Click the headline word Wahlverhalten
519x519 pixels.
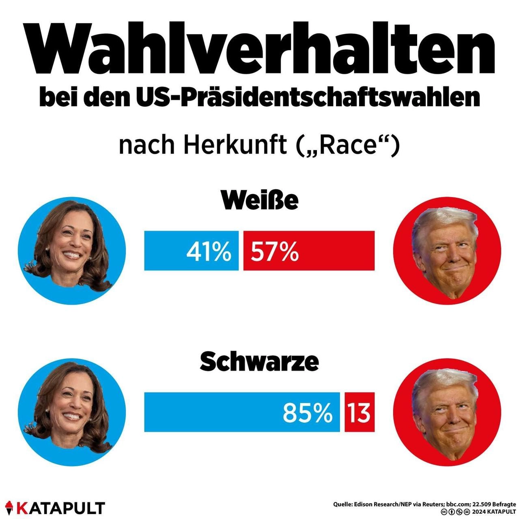[260, 49]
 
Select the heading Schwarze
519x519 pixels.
[260, 362]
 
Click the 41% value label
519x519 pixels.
[209, 251]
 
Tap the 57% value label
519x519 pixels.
[275, 251]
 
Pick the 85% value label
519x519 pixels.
[307, 413]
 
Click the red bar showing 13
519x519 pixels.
[360, 412]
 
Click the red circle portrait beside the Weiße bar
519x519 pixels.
[447, 251]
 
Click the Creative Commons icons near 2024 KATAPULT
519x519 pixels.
[455, 512]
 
